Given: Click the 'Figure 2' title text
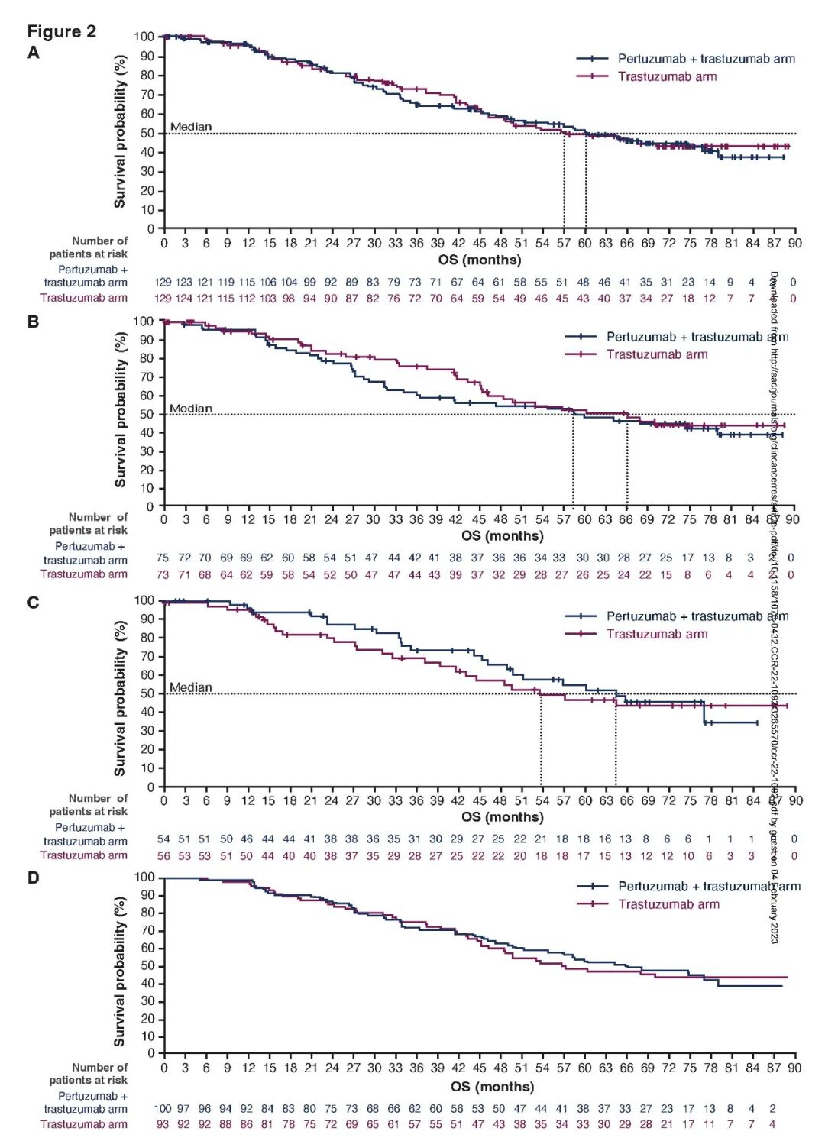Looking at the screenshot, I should pyautogui.click(x=62, y=31).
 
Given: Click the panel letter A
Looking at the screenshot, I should pyautogui.click(x=33, y=52).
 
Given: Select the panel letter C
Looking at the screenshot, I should pyautogui.click(x=33, y=603).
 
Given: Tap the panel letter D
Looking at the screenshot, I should pyautogui.click(x=33, y=878).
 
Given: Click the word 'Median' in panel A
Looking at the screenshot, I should pyautogui.click(x=191, y=127).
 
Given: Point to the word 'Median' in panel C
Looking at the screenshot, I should pyautogui.click(x=191, y=687).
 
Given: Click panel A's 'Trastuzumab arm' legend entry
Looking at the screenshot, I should pyautogui.click(x=667, y=76).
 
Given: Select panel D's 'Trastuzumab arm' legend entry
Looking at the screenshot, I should pyautogui.click(x=668, y=904).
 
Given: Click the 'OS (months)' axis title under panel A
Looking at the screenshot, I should pyautogui.click(x=480, y=260).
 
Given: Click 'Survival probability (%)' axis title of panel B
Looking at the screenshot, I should pyautogui.click(x=120, y=410).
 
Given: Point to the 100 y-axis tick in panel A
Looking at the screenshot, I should pyautogui.click(x=144, y=37).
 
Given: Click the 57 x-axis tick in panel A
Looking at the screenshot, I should pyautogui.click(x=564, y=243).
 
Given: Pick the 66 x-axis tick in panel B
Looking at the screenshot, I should pyautogui.click(x=626, y=519).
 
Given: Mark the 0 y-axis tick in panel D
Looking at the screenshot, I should pyautogui.click(x=151, y=1053).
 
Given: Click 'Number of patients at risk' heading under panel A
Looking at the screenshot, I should pyautogui.click(x=89, y=247).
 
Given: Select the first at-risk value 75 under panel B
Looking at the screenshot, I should pyautogui.click(x=163, y=558).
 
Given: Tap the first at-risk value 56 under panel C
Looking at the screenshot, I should pyautogui.click(x=163, y=855).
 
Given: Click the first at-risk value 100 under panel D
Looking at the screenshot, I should pyautogui.click(x=163, y=1108).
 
